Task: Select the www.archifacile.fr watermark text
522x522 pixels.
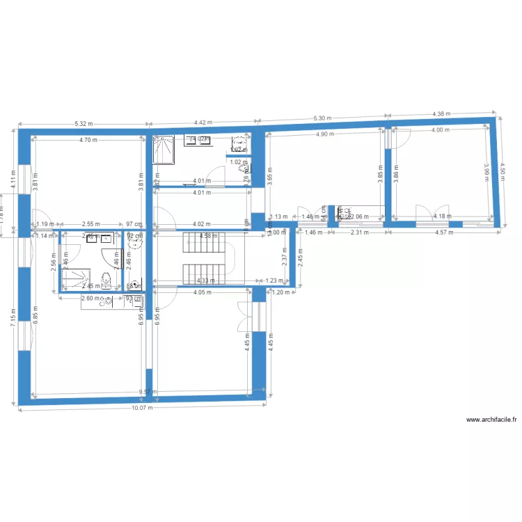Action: coord(492,420)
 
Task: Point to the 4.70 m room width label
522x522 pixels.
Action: coord(88,140)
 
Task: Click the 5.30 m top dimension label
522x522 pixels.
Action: coord(322,118)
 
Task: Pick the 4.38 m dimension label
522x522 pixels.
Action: coord(441,113)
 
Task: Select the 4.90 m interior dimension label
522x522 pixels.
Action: coord(325,134)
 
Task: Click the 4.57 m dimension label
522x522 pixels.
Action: coord(443,232)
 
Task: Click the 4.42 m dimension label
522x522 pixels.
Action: coord(204,122)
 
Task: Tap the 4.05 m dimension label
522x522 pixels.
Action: coord(203,293)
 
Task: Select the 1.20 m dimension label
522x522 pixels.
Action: coord(280,293)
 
